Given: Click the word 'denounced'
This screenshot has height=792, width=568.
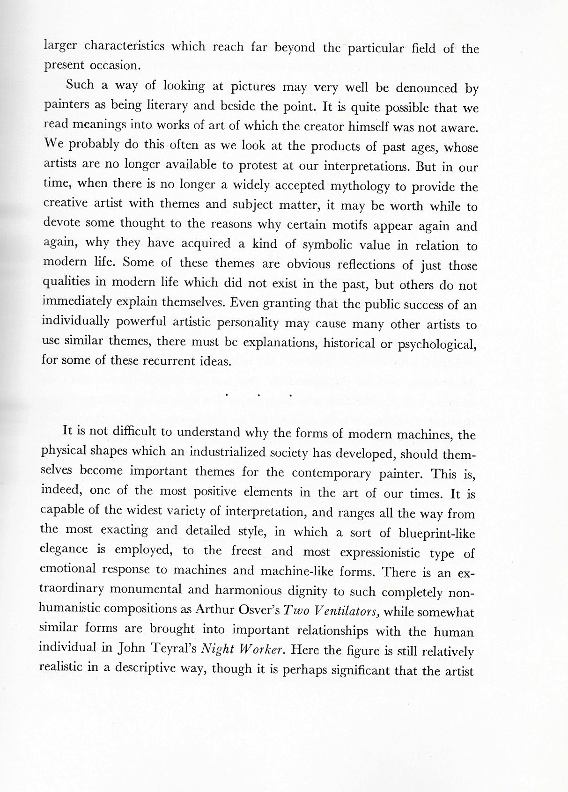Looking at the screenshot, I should (x=426, y=88).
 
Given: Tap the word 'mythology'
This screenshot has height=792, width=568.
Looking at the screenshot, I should (x=360, y=187).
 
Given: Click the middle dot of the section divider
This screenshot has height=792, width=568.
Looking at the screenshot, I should (x=258, y=395).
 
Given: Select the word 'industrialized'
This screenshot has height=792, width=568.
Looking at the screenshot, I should (x=249, y=453).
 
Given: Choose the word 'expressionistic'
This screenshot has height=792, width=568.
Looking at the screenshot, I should (x=380, y=553).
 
